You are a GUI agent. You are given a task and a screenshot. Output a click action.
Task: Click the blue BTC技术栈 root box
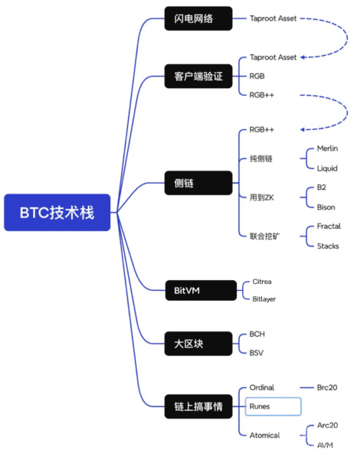click(57, 213)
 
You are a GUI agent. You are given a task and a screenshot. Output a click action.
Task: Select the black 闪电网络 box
click(198, 18)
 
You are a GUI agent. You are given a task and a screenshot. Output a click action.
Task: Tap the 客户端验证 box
click(198, 77)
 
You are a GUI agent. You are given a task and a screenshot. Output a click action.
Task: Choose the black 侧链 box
click(198, 183)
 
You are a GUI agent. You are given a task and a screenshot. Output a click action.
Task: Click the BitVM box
click(201, 290)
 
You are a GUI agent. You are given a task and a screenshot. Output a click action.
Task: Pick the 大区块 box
click(198, 344)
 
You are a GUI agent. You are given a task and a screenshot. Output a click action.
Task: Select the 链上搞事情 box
click(198, 406)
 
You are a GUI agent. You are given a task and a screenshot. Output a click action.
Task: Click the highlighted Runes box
click(273, 406)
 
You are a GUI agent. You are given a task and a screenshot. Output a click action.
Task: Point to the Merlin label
click(327, 148)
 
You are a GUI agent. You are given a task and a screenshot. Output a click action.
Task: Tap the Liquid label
click(327, 168)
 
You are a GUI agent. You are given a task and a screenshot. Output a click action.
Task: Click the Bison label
click(326, 207)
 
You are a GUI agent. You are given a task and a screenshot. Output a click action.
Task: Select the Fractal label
click(329, 226)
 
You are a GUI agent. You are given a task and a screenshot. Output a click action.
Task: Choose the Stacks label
click(328, 246)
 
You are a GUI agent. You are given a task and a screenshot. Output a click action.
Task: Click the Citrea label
click(262, 282)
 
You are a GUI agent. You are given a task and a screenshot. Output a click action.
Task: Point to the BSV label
click(257, 353)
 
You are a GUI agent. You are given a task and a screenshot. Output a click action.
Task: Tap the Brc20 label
click(327, 387)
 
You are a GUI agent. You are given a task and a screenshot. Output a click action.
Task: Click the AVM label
click(325, 445)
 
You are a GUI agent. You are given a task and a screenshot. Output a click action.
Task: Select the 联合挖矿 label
click(264, 236)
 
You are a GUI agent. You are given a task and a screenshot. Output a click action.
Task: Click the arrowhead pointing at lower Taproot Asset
click(303, 57)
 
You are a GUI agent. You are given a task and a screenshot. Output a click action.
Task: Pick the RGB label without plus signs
click(257, 76)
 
